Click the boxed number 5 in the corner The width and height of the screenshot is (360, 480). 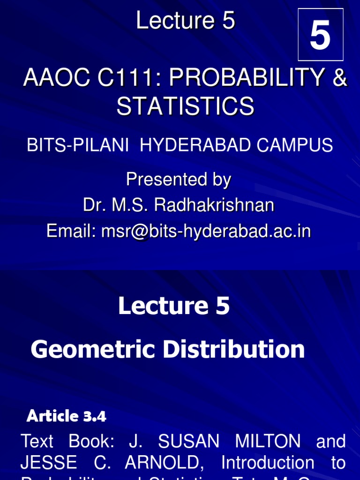(x=321, y=36)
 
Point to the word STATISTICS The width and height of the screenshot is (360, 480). (x=185, y=106)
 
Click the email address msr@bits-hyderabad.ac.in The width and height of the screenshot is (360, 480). (x=206, y=231)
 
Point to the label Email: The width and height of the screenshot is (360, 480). (x=71, y=231)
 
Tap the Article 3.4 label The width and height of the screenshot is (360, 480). (x=67, y=416)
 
